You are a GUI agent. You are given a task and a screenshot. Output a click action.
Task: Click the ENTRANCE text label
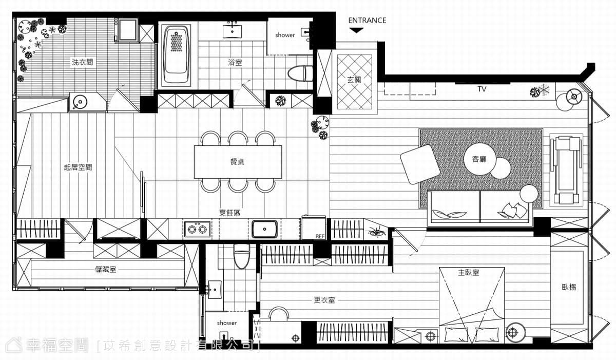(367, 21)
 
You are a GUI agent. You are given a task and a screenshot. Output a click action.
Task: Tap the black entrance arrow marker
(356, 30)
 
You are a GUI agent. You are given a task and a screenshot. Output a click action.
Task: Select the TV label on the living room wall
(482, 89)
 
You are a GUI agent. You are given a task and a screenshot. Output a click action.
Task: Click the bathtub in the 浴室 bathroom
(177, 55)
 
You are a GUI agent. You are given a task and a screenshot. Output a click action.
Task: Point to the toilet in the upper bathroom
(300, 74)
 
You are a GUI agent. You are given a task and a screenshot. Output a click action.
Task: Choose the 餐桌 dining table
(238, 162)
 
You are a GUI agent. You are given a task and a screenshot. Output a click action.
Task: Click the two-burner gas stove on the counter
(198, 229)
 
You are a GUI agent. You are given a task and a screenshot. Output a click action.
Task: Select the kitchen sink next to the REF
(264, 229)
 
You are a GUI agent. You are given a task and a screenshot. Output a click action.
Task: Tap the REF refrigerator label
(320, 236)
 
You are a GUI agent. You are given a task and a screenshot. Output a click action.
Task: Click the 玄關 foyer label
(354, 80)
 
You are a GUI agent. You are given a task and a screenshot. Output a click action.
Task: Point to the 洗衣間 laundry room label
(82, 62)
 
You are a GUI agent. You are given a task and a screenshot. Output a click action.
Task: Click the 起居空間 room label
(78, 167)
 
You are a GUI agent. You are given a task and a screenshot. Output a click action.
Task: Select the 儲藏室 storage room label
(106, 270)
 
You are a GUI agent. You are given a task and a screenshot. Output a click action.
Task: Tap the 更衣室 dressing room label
(324, 300)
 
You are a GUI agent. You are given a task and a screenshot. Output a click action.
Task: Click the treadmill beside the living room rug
(566, 170)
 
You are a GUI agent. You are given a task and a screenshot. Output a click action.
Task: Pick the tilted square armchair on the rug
(420, 164)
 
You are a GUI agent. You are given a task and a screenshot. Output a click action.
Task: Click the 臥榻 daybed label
(569, 287)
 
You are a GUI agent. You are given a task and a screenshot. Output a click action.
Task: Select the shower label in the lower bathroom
(227, 323)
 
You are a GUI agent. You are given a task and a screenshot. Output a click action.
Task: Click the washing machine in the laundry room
(128, 30)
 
